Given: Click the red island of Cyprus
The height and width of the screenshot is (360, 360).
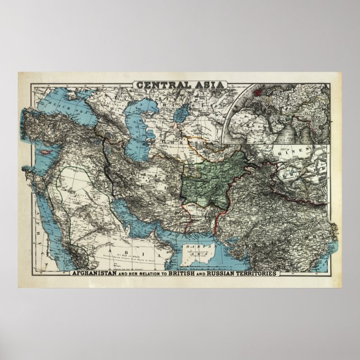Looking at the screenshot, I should [x=44, y=153].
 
